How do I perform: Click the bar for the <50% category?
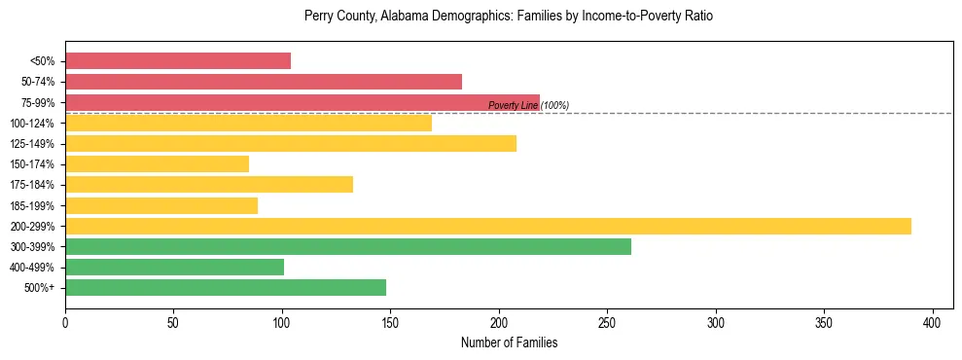pyautogui.click(x=178, y=61)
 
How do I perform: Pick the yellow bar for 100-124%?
pyautogui.click(x=248, y=123)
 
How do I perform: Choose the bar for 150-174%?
pyautogui.click(x=157, y=163)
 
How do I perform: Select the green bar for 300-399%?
pyautogui.click(x=348, y=246)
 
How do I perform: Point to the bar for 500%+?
pyautogui.click(x=226, y=287)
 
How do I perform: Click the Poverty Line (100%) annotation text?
pyautogui.click(x=528, y=105)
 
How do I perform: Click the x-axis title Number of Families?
pyautogui.click(x=509, y=342)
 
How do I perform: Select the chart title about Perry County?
pyautogui.click(x=509, y=17)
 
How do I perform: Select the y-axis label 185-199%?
pyautogui.click(x=37, y=205)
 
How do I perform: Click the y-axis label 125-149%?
pyautogui.click(x=37, y=144)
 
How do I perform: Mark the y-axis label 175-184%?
pyautogui.click(x=37, y=185)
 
